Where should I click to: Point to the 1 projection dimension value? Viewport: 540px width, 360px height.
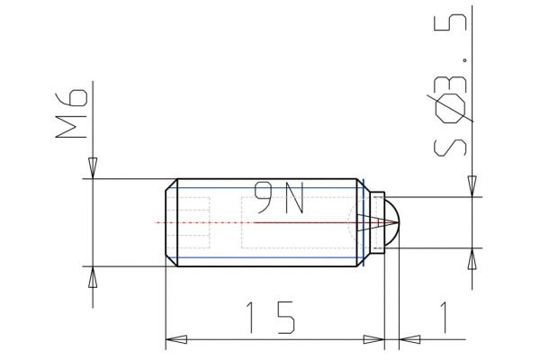(x=443, y=318)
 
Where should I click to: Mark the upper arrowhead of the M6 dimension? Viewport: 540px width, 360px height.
(x=93, y=168)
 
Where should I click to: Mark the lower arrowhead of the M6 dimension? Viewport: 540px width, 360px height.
(x=93, y=276)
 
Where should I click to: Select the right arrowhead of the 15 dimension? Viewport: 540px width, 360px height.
(x=374, y=339)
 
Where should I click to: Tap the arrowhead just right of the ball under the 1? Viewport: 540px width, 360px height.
(x=409, y=339)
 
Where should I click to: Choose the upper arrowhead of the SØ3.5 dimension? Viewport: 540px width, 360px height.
(x=472, y=185)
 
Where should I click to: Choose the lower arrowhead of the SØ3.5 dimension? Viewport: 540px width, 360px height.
(x=472, y=258)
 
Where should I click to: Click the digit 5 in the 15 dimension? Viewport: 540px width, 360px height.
(x=285, y=318)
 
